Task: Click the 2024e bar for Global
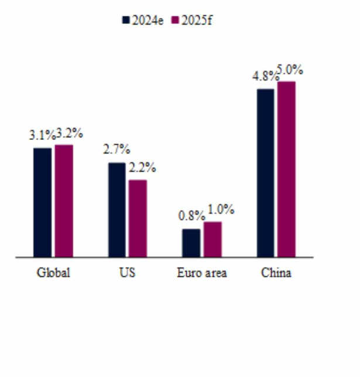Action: click(42, 202)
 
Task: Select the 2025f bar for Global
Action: click(64, 200)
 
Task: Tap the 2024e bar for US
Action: click(116, 210)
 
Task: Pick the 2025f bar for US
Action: click(138, 218)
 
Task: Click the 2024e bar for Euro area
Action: click(191, 242)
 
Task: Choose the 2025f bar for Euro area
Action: click(212, 239)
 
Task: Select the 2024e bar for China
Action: click(265, 173)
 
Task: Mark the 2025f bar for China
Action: click(287, 169)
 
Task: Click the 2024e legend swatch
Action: click(125, 20)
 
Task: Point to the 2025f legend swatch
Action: click(174, 20)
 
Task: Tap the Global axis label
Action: click(53, 273)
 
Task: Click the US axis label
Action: click(127, 273)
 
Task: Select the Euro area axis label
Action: click(201, 273)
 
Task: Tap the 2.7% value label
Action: click(116, 150)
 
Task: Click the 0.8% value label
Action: click(190, 216)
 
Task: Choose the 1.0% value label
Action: click(220, 210)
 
